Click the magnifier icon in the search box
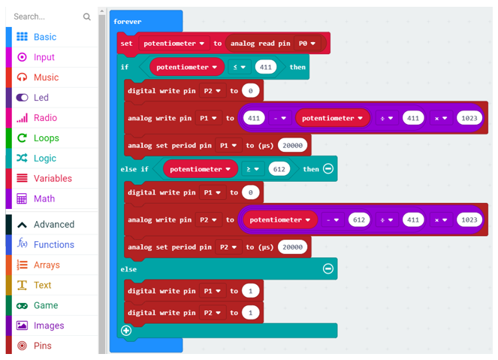point(86,17)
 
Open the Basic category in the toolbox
point(45,37)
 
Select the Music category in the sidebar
point(46,77)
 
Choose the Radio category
point(45,118)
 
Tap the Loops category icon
point(22,138)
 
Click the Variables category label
point(53,179)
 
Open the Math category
point(44,198)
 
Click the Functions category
point(53,245)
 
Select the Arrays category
point(47,265)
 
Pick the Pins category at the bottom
point(43,346)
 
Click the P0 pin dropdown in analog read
point(306,44)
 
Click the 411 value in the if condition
point(265,67)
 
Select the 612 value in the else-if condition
point(279,169)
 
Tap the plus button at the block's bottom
point(126,331)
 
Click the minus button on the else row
point(328,269)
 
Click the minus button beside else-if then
point(328,168)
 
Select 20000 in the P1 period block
point(292,146)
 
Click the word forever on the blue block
point(128,22)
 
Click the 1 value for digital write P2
point(250,313)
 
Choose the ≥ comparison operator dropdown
point(252,169)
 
